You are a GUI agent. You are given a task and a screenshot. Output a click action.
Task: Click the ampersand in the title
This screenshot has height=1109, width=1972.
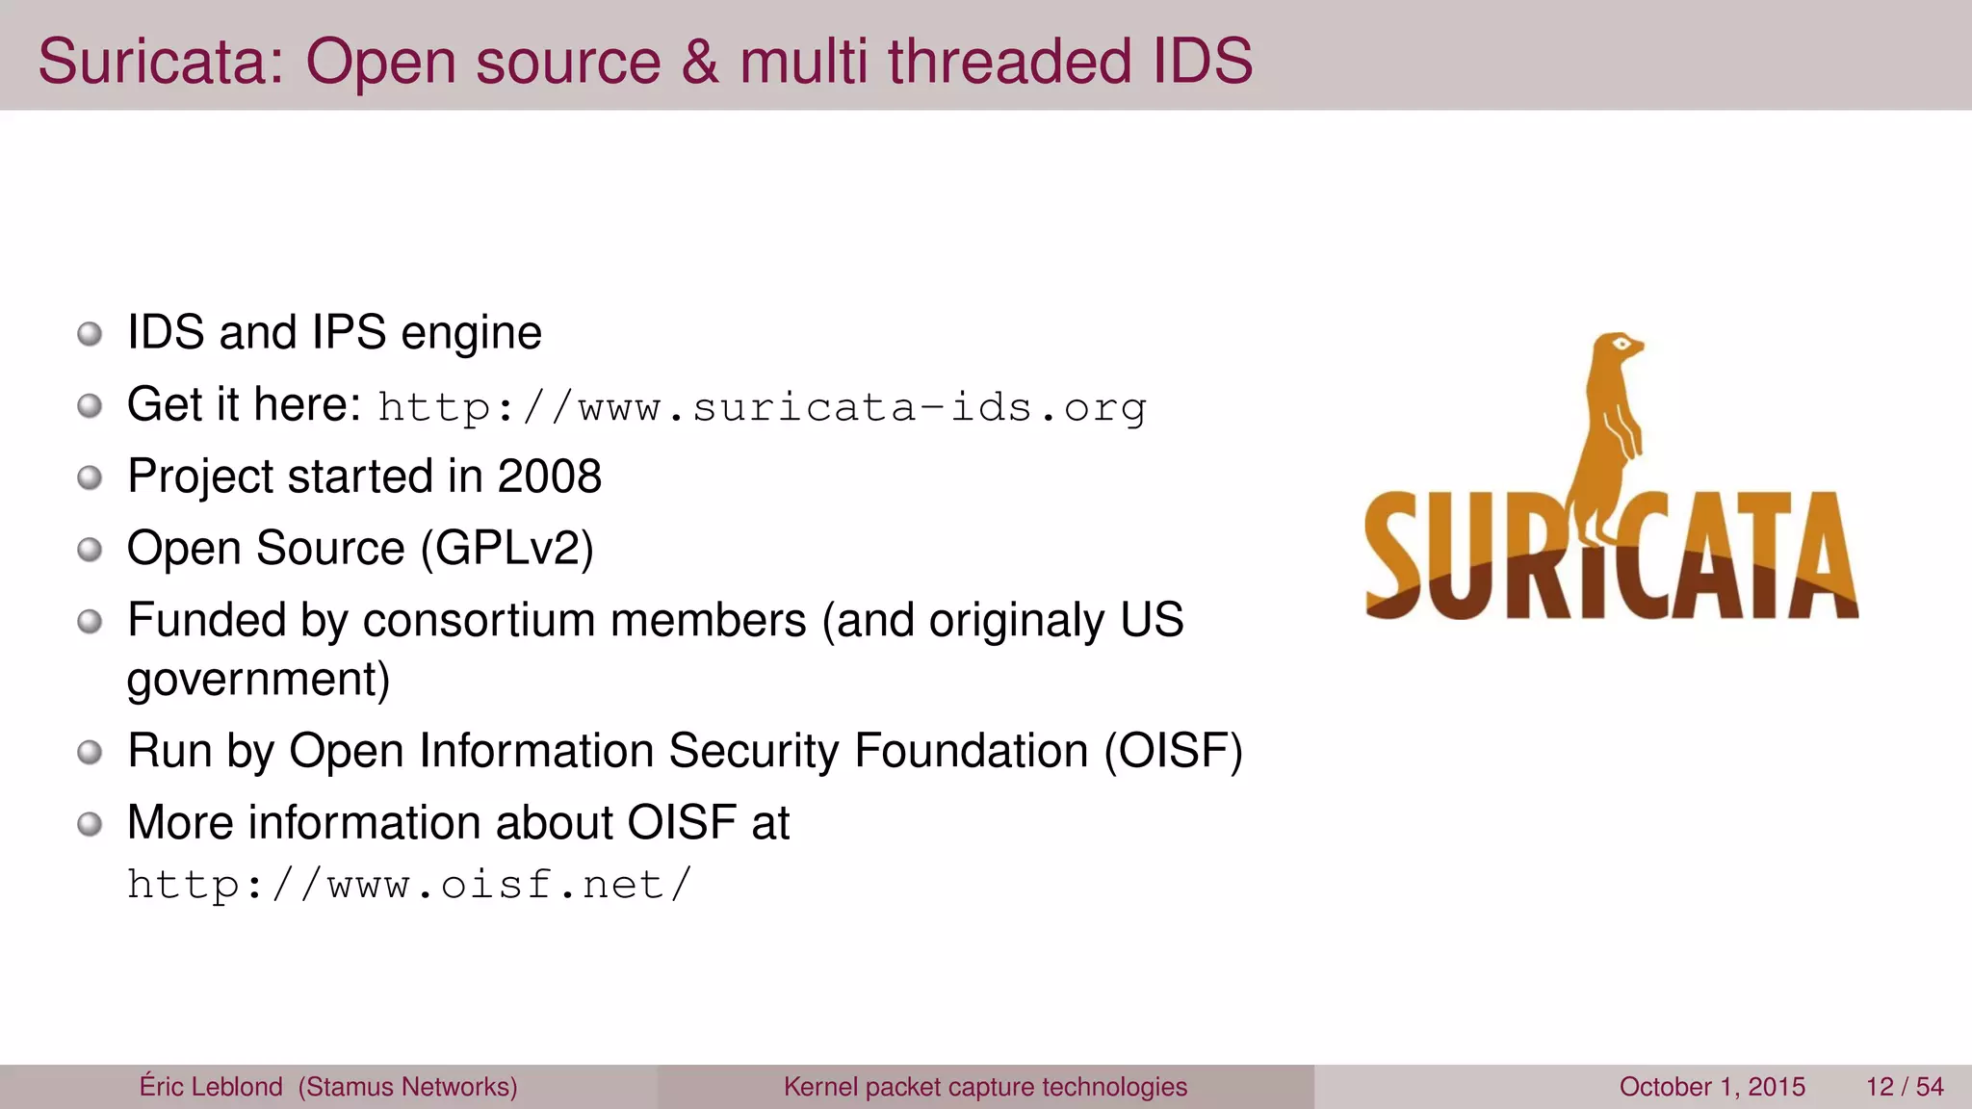click(x=700, y=62)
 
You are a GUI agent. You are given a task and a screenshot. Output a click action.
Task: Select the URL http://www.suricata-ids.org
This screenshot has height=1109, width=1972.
click(x=762, y=408)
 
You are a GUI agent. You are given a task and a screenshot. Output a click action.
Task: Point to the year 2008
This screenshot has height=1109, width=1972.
click(x=549, y=476)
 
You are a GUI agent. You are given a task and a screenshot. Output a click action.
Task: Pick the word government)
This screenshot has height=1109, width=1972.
click(x=258, y=680)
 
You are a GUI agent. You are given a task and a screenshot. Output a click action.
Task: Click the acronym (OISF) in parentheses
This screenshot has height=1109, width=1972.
click(x=1173, y=751)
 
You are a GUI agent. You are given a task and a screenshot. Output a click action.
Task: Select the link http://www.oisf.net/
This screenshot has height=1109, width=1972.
click(x=409, y=885)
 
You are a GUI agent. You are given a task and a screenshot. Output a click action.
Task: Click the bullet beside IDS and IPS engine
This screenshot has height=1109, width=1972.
click(x=90, y=334)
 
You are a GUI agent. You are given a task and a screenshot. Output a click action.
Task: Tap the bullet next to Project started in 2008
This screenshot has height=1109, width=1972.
click(x=90, y=477)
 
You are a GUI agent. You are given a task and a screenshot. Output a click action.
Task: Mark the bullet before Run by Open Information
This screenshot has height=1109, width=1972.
click(x=90, y=752)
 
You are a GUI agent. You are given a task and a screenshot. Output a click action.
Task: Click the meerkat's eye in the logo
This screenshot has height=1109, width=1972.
click(x=1622, y=344)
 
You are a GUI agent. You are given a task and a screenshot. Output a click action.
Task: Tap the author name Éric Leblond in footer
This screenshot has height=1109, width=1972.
click(x=211, y=1087)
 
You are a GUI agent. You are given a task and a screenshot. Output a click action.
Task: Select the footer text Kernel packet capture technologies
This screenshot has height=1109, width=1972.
click(x=985, y=1087)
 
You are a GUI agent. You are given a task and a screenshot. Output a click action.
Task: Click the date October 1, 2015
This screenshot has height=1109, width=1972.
click(x=1712, y=1087)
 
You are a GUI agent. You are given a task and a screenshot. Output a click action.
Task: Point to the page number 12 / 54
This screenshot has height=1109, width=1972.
click(x=1904, y=1087)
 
